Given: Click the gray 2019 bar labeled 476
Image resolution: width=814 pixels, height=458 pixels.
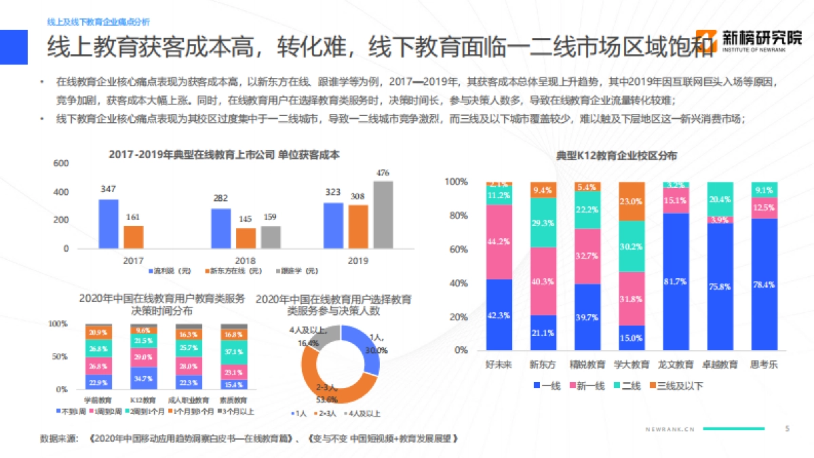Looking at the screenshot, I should [x=383, y=214].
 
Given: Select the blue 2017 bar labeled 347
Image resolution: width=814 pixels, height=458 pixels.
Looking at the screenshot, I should [x=109, y=223].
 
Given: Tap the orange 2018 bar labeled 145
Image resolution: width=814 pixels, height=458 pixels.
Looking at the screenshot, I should [x=246, y=238].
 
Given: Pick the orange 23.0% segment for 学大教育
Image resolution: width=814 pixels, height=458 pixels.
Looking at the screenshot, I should [x=632, y=202].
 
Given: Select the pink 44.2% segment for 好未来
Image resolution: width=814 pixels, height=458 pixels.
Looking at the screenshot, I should [x=499, y=242].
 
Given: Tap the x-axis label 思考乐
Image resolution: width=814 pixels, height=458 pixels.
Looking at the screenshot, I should [x=764, y=364].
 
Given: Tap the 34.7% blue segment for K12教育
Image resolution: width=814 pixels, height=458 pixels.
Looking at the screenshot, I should [x=143, y=377].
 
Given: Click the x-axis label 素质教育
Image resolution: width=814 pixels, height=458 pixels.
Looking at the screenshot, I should [x=233, y=400].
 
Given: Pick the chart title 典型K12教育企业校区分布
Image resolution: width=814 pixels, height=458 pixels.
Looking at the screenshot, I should [x=616, y=156].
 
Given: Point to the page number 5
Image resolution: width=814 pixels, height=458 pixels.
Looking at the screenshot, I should [x=787, y=429].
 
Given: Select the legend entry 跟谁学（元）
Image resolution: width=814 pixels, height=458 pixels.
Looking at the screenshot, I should [x=300, y=271].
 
